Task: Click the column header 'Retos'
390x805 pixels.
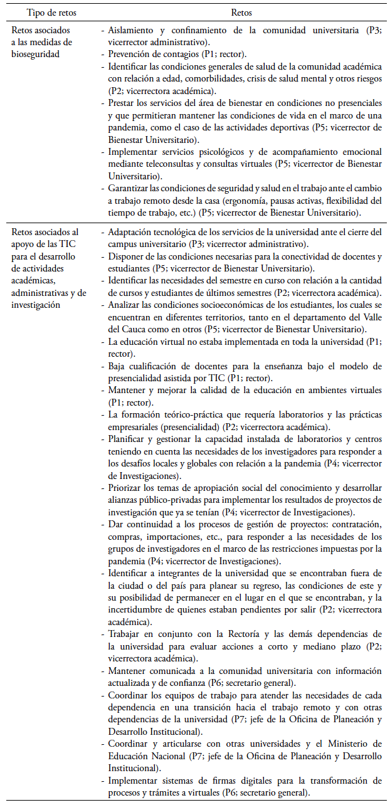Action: (x=241, y=12)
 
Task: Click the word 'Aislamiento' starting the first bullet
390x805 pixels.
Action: (x=130, y=29)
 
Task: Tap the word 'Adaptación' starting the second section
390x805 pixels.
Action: (x=131, y=232)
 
